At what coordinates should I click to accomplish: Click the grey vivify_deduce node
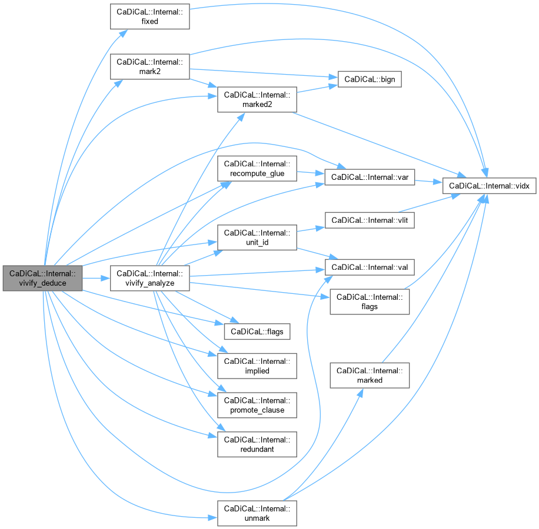click(x=42, y=278)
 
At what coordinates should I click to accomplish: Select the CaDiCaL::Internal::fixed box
click(x=149, y=16)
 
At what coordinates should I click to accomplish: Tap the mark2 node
click(x=149, y=66)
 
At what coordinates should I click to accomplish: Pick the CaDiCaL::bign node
click(x=369, y=79)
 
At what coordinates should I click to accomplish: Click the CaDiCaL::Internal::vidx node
click(x=490, y=186)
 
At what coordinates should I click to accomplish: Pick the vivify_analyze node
click(x=149, y=278)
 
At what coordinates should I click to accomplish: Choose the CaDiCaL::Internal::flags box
click(x=370, y=302)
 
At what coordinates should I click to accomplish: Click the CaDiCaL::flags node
click(x=257, y=332)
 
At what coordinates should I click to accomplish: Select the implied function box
click(x=257, y=366)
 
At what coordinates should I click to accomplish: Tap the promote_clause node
click(x=257, y=405)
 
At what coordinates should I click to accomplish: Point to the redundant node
click(x=257, y=444)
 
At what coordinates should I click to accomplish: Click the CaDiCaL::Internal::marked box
click(x=370, y=375)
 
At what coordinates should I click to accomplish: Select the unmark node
click(x=257, y=513)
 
